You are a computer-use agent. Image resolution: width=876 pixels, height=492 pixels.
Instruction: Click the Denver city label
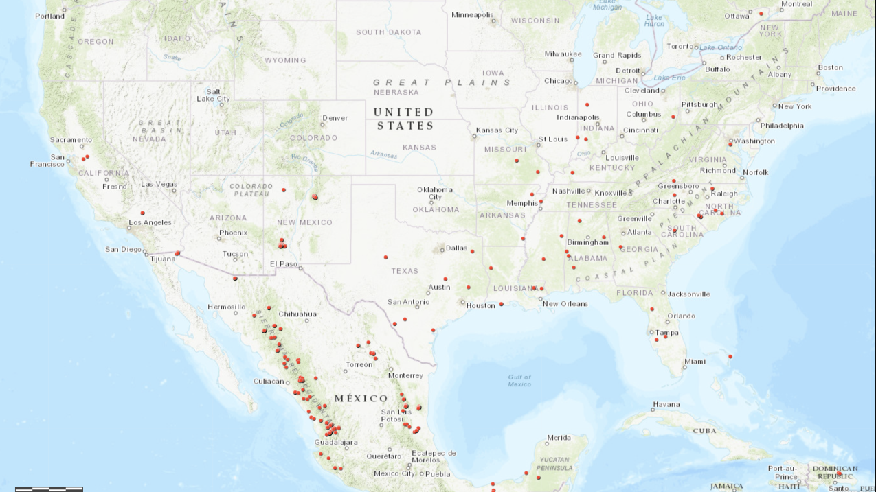pyautogui.click(x=335, y=118)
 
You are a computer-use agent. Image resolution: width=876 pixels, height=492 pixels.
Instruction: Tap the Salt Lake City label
pyautogui.click(x=213, y=95)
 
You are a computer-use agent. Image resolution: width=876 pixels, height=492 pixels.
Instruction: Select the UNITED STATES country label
pyautogui.click(x=405, y=119)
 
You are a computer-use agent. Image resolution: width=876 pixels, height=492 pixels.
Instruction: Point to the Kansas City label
pyautogui.click(x=497, y=130)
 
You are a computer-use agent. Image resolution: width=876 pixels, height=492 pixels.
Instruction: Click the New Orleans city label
pyautogui.click(x=565, y=304)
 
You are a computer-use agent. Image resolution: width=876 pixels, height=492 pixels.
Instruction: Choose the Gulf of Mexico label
pyautogui.click(x=519, y=380)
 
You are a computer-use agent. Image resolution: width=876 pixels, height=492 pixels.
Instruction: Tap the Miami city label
pyautogui.click(x=695, y=362)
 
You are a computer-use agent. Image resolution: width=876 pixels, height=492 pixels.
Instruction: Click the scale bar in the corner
pyautogui.click(x=49, y=489)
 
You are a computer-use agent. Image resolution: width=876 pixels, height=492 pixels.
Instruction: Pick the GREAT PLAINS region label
pyautogui.click(x=442, y=82)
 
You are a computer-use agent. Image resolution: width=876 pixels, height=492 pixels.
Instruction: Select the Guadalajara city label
pyautogui.click(x=336, y=443)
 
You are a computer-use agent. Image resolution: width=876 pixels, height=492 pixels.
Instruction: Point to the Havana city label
pyautogui.click(x=666, y=405)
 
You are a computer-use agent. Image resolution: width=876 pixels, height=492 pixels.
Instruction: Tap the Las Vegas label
pyautogui.click(x=159, y=184)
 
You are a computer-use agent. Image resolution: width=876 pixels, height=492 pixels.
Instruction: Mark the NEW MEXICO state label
pyautogui.click(x=304, y=222)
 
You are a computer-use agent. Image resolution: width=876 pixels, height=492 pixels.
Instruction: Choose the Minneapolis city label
pyautogui.click(x=472, y=15)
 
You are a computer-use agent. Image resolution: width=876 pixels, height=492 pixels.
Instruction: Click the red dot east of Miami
pyautogui.click(x=730, y=356)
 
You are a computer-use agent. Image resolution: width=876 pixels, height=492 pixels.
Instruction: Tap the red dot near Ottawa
pyautogui.click(x=761, y=13)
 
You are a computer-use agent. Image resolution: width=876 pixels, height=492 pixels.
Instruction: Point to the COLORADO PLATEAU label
pyautogui.click(x=251, y=190)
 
